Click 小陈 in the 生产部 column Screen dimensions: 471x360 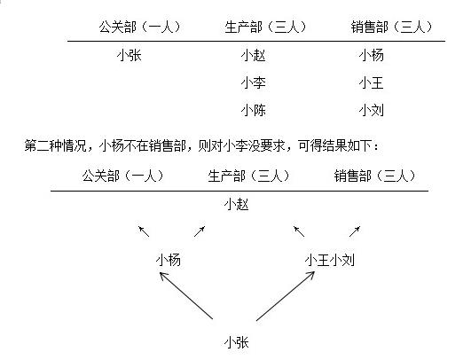click(x=253, y=110)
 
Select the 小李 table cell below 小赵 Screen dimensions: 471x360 click(x=253, y=82)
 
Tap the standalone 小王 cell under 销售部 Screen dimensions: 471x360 click(x=372, y=82)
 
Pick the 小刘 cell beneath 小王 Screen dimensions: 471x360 click(x=372, y=110)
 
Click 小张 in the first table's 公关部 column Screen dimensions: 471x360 click(x=130, y=55)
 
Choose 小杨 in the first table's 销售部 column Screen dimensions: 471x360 click(x=372, y=55)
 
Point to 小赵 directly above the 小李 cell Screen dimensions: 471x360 click(x=253, y=55)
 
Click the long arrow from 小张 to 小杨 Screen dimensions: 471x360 click(x=186, y=295)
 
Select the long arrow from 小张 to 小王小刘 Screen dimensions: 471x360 click(x=286, y=296)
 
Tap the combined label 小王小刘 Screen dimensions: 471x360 click(x=330, y=260)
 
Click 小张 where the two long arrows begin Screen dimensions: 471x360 click(x=237, y=342)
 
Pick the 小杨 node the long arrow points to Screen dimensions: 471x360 click(x=169, y=260)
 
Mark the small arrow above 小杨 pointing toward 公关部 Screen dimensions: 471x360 click(x=144, y=231)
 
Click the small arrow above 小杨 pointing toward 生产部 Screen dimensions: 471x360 click(x=200, y=231)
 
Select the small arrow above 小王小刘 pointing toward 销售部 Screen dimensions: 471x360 click(x=355, y=231)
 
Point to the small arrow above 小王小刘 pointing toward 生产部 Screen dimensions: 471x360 click(x=299, y=231)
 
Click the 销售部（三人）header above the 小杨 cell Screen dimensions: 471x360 click(x=391, y=27)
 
